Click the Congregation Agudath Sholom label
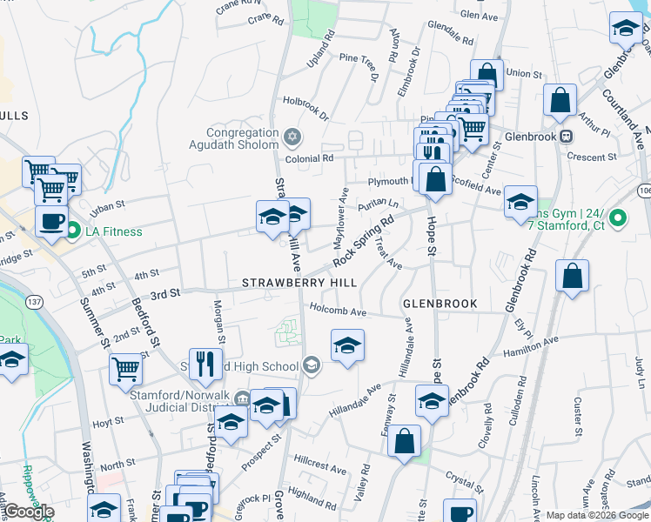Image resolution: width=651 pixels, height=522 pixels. (241, 138)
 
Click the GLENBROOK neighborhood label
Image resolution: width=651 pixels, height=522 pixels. (440, 304)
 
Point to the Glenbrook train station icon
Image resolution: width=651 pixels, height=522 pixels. (566, 137)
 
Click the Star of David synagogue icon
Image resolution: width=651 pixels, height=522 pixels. (292, 137)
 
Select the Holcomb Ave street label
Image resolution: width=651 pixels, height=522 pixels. (339, 311)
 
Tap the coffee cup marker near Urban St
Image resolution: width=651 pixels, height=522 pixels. (51, 220)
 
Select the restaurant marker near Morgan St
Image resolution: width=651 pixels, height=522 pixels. (205, 363)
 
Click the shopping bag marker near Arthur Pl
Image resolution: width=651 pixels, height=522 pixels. (560, 100)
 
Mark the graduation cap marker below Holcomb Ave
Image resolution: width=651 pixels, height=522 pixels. (347, 347)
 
